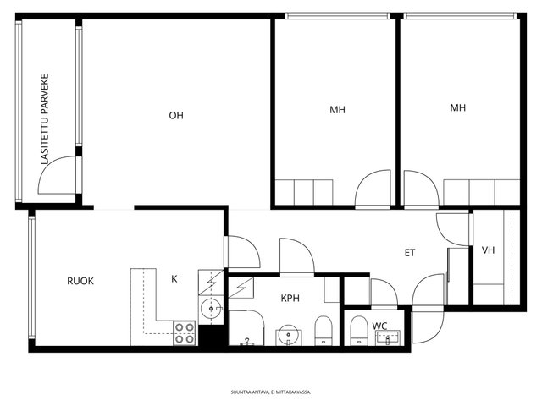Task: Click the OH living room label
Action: (176, 115)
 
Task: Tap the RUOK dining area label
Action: (80, 281)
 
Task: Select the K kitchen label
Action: (174, 279)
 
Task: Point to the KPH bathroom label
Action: (290, 299)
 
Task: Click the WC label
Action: (379, 326)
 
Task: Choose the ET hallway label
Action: (410, 253)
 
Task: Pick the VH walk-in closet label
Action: (488, 250)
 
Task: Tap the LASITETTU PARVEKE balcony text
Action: (45, 119)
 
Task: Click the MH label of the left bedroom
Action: (337, 110)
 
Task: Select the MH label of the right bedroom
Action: (457, 107)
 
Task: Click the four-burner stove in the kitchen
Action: (185, 333)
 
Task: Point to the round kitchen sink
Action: (211, 309)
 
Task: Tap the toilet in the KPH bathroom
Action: (324, 331)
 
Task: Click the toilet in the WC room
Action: (359, 331)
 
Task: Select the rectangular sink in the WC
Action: (388, 337)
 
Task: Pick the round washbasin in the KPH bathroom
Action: (288, 335)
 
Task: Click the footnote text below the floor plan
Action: (271, 392)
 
